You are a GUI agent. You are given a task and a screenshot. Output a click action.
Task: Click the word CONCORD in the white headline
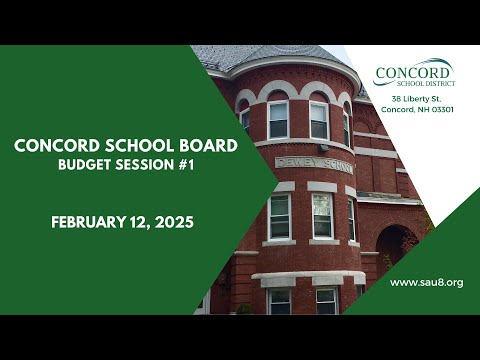pyautogui.click(x=57, y=146)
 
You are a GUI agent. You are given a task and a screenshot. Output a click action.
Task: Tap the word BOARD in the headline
pyautogui.click(x=209, y=146)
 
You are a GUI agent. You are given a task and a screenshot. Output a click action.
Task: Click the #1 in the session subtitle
pyautogui.click(x=186, y=165)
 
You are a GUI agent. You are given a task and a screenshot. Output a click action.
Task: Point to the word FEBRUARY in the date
pyautogui.click(x=89, y=222)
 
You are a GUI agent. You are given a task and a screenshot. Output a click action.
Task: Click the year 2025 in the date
pyautogui.click(x=174, y=222)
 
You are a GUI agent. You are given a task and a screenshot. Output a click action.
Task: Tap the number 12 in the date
pyautogui.click(x=139, y=222)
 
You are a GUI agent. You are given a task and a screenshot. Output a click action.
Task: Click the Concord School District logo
pyautogui.click(x=415, y=73)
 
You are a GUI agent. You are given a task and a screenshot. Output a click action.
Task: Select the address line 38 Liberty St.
pyautogui.click(x=417, y=99)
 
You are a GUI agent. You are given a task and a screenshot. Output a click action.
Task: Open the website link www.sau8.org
pyautogui.click(x=427, y=283)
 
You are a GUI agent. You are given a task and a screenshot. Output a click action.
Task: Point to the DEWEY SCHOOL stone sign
pyautogui.click(x=314, y=165)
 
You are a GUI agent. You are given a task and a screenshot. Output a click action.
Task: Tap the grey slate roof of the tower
pyautogui.click(x=263, y=56)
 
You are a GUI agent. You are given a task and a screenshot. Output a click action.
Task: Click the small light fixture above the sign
pyautogui.click(x=324, y=148)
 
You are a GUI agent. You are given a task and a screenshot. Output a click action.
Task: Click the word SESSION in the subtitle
pyautogui.click(x=145, y=165)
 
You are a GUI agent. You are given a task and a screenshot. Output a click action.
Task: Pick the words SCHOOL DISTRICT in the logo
pyautogui.click(x=426, y=83)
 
